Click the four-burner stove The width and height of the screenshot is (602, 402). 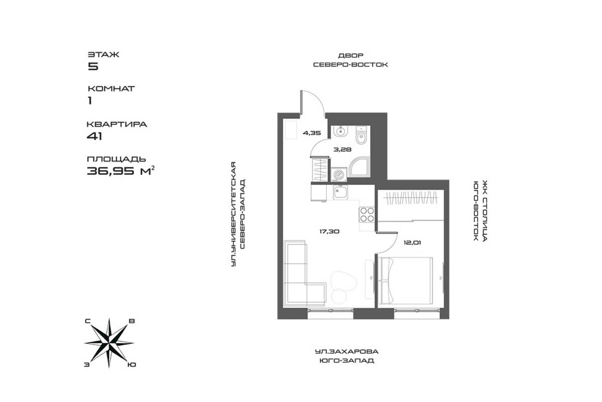click(x=367, y=215)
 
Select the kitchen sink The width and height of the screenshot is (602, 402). click(x=342, y=192)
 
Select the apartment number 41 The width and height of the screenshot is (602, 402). click(x=94, y=135)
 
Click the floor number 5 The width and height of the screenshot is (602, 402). click(x=92, y=66)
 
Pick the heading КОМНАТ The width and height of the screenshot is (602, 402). click(x=111, y=88)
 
